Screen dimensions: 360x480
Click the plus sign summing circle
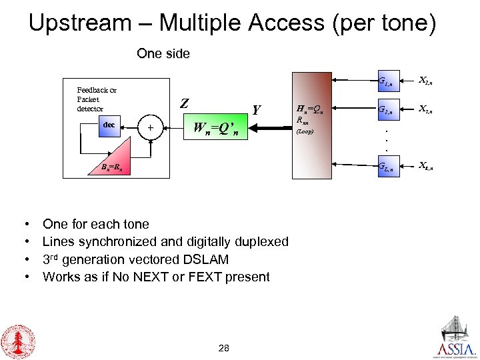(151, 127)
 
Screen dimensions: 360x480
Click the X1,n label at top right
(425, 81)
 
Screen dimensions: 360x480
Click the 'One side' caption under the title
(163, 53)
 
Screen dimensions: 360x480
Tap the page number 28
(224, 347)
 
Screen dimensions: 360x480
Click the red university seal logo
(19, 340)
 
